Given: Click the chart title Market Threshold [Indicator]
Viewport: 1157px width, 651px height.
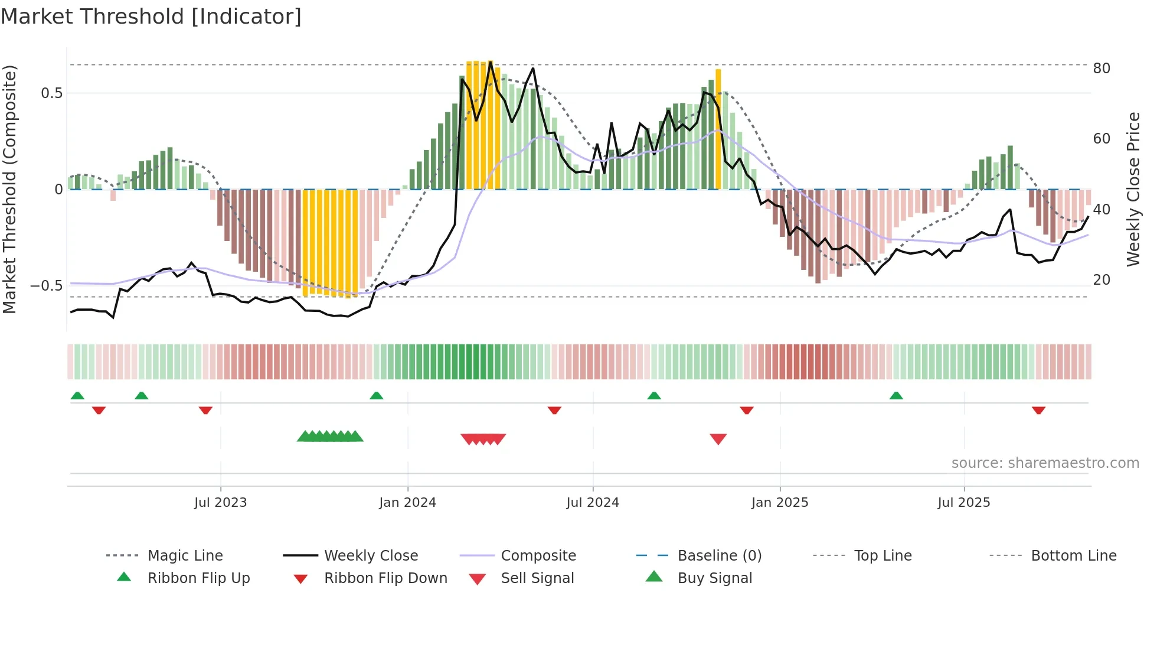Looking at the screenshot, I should click(151, 17).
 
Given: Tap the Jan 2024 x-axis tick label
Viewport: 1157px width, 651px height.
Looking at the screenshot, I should click(407, 503).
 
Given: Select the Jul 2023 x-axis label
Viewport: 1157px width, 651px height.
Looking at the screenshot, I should click(220, 503).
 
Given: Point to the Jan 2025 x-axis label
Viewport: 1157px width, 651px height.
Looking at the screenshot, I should click(779, 503).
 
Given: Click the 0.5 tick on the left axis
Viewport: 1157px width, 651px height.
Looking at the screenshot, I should click(52, 93).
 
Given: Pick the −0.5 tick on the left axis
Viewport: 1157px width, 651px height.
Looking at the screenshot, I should click(47, 286).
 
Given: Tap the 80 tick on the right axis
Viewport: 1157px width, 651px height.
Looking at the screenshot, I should click(1102, 69).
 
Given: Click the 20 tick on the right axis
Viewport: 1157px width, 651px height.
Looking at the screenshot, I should click(1102, 280).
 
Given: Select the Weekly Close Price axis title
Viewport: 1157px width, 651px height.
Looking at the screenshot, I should click(1133, 189).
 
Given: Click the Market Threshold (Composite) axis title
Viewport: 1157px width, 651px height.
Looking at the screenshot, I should click(9, 189).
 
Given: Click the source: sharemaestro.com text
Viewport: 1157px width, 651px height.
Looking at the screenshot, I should click(1045, 463).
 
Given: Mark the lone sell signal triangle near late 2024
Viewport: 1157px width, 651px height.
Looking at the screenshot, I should click(718, 439).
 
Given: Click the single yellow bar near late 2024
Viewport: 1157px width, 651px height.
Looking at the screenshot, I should click(718, 129).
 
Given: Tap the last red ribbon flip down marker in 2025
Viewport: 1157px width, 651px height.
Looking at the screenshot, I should click(1038, 410).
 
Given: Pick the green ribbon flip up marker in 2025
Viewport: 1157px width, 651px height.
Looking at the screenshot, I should click(896, 396).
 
